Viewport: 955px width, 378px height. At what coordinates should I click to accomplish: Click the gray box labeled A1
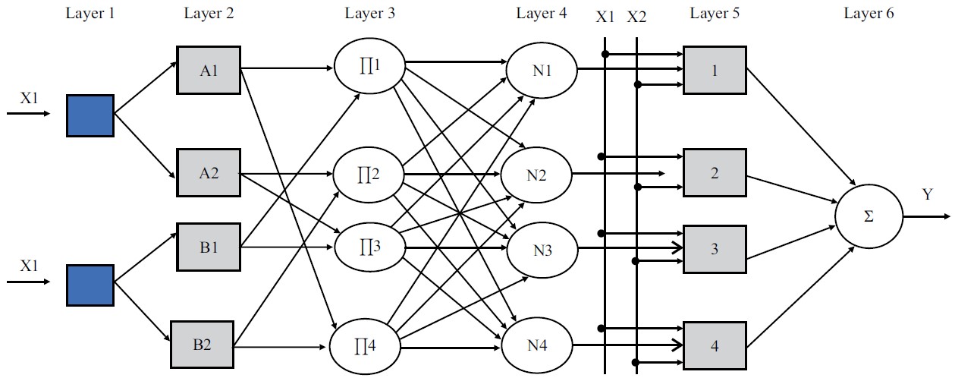pos(209,71)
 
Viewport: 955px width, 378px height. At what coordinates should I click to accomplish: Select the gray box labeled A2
pos(209,172)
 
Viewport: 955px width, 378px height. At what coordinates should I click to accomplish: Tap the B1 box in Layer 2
pos(209,247)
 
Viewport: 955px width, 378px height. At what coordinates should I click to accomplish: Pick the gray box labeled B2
pos(202,345)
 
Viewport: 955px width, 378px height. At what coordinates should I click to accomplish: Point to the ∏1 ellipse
pos(369,66)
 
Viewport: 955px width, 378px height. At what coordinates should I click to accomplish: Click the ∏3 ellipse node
pos(369,247)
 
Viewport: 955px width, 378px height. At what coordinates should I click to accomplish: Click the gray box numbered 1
pos(714,70)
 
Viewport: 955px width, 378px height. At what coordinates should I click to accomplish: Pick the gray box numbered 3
pos(714,248)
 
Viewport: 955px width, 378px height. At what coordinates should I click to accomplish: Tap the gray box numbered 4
pos(714,345)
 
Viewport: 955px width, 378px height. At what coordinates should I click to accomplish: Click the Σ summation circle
pos(869,216)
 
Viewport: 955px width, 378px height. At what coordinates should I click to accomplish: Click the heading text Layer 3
pos(369,13)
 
